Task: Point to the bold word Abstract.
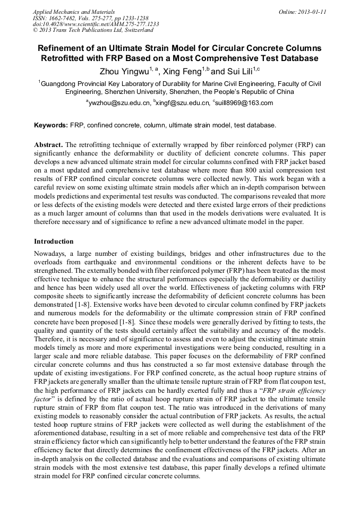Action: (x=48, y=144)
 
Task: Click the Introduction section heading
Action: (x=54, y=241)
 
